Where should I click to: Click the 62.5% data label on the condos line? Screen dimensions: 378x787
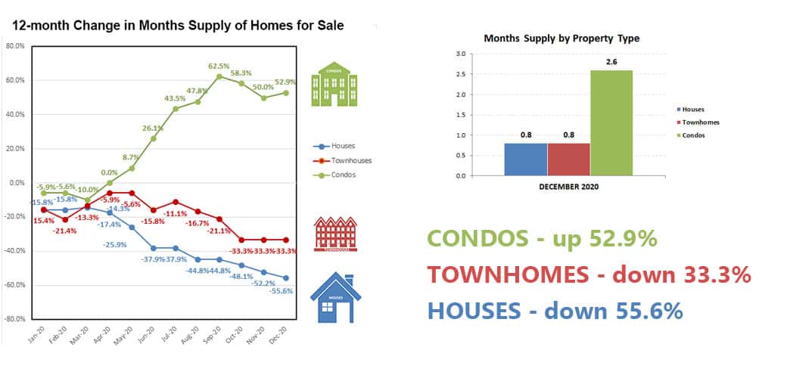click(219, 66)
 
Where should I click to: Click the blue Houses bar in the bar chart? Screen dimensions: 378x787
click(525, 160)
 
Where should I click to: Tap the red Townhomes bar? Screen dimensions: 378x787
click(568, 160)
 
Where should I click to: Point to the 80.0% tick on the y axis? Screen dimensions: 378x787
click(16, 45)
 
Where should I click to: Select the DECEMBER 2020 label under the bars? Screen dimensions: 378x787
click(568, 187)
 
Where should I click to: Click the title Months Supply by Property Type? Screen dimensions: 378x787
click(561, 38)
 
